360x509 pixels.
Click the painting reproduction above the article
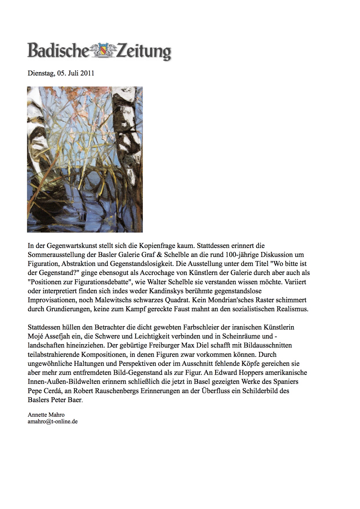pos(85,159)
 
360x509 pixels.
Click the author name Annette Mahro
pos(46,415)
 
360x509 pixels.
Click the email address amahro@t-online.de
pos(53,421)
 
